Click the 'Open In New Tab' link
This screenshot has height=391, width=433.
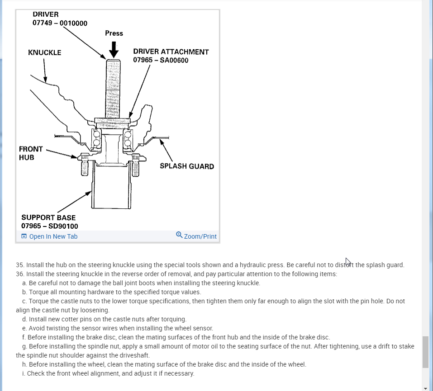[x=53, y=236]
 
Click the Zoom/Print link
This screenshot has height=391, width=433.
[x=200, y=236]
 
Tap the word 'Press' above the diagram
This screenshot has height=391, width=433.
[x=114, y=33]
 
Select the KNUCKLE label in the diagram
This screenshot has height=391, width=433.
[x=44, y=52]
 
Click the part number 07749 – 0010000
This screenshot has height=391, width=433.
[x=60, y=23]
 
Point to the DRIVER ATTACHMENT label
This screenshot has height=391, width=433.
[x=171, y=52]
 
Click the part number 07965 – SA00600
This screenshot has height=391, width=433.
[x=161, y=60]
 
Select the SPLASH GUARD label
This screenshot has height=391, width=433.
[x=187, y=166]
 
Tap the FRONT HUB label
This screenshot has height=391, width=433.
[x=31, y=153]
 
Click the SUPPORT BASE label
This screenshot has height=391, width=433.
[x=48, y=217]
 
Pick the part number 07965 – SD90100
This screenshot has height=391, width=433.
[x=49, y=226]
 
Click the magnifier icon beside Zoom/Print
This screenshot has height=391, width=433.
[x=179, y=235]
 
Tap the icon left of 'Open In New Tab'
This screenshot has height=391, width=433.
[x=24, y=236]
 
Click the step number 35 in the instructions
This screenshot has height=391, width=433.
[x=19, y=265]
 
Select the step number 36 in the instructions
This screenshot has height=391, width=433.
[x=19, y=274]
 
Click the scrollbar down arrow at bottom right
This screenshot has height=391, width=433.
[x=425, y=388]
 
